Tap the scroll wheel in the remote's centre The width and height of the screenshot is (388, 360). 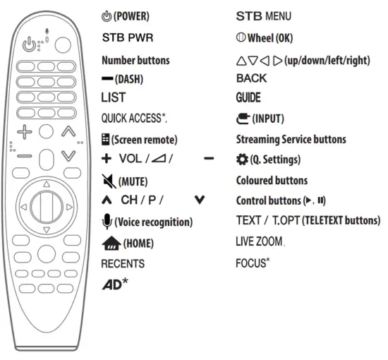[47, 207]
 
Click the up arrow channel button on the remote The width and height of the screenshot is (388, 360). [68, 131]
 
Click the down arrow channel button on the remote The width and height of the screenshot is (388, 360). [68, 155]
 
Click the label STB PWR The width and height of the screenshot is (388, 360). [128, 37]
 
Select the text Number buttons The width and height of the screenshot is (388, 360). [136, 61]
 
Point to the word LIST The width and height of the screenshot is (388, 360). [113, 97]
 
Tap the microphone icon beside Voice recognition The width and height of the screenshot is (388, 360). [107, 222]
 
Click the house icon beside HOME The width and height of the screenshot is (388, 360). [110, 244]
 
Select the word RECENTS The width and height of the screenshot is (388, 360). [123, 263]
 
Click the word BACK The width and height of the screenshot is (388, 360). [252, 78]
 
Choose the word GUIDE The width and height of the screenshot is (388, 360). [248, 97]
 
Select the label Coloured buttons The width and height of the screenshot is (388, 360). [272, 181]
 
